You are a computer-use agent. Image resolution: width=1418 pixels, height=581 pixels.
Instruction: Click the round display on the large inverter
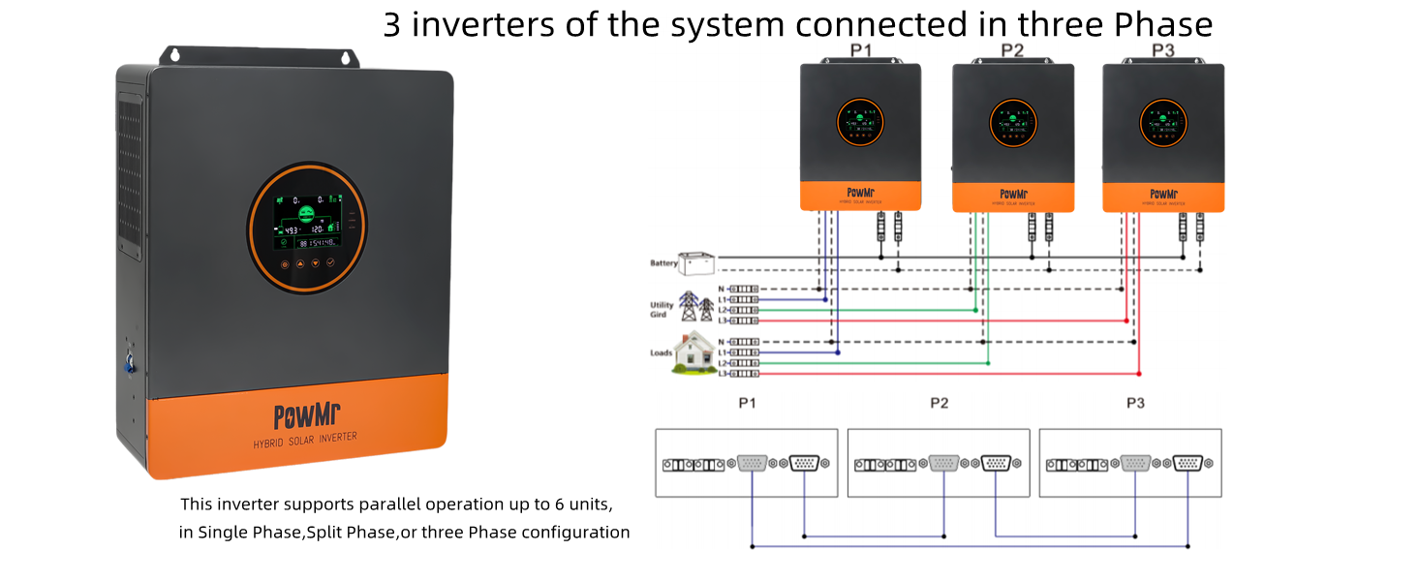307,224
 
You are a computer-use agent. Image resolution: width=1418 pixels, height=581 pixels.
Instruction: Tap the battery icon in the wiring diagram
695,262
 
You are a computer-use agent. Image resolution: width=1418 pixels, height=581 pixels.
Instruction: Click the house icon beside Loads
694,352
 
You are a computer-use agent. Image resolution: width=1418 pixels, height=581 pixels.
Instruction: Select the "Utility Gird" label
662,309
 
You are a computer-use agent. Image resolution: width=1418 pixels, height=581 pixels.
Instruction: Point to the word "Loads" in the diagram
661,352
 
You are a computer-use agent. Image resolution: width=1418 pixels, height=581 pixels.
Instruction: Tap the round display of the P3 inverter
1162,123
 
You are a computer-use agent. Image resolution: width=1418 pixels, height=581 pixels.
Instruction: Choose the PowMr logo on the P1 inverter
859,194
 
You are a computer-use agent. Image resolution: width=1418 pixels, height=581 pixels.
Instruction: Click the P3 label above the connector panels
1135,402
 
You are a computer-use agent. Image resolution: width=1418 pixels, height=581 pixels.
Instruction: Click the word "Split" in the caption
324,532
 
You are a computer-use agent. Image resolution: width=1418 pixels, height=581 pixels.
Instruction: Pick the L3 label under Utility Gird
723,321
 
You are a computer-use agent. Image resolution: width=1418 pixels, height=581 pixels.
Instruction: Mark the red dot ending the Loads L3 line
1139,373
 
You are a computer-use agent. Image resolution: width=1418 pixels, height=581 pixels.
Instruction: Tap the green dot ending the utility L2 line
975,310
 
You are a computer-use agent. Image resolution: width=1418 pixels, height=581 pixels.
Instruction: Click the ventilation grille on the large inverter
130,184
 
